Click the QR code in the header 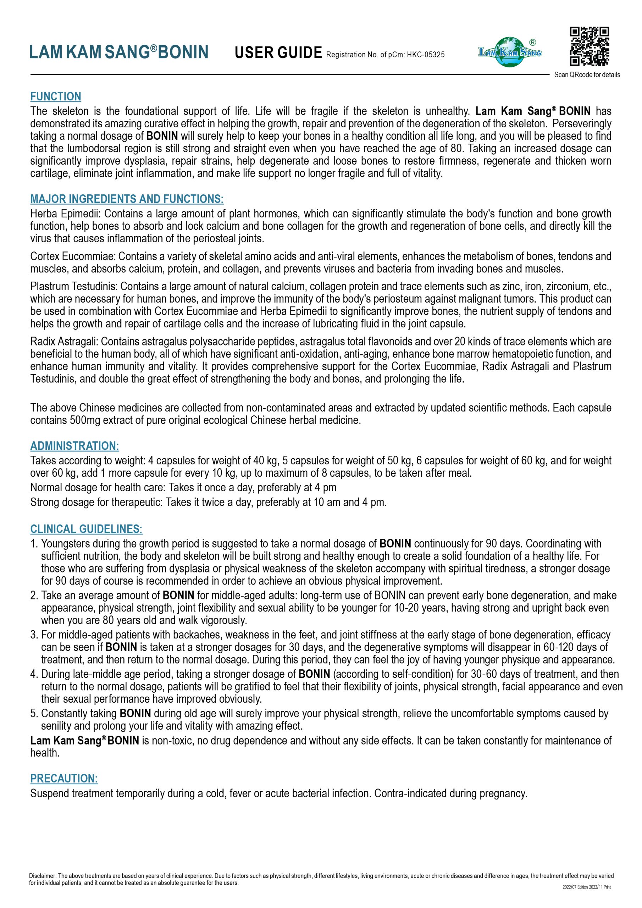tap(589, 46)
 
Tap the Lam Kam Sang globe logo tap(510, 52)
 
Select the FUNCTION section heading tap(56, 96)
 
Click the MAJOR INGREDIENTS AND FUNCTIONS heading tap(127, 199)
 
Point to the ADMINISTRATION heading tap(74, 446)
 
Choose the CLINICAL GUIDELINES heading tap(86, 529)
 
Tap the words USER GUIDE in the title tap(278, 52)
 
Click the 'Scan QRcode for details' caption tap(587, 75)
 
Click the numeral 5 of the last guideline tap(34, 713)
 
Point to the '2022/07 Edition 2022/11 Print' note tap(587, 887)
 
